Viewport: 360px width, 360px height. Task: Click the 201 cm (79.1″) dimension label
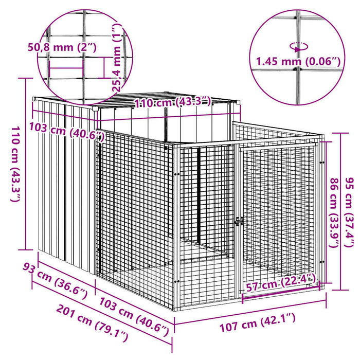pyautogui.click(x=92, y=323)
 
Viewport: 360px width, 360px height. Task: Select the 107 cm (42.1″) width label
pyautogui.click(x=258, y=323)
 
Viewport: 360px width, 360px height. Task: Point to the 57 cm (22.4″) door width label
pyautogui.click(x=280, y=283)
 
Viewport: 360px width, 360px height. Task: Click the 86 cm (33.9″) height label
pyautogui.click(x=334, y=213)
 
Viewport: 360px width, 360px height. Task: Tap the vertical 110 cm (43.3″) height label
pyautogui.click(x=15, y=164)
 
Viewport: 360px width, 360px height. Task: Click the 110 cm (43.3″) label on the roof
pyautogui.click(x=172, y=102)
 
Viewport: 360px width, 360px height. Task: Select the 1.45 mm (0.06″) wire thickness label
pyautogui.click(x=298, y=62)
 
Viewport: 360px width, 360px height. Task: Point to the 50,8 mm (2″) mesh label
pyautogui.click(x=62, y=47)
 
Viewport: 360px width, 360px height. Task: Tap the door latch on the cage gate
pyautogui.click(x=239, y=222)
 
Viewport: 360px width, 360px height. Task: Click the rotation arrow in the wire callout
pyautogui.click(x=299, y=47)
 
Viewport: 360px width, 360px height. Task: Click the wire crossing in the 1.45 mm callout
pyautogui.click(x=298, y=68)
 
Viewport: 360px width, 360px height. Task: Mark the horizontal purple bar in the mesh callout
pyautogui.click(x=66, y=68)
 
